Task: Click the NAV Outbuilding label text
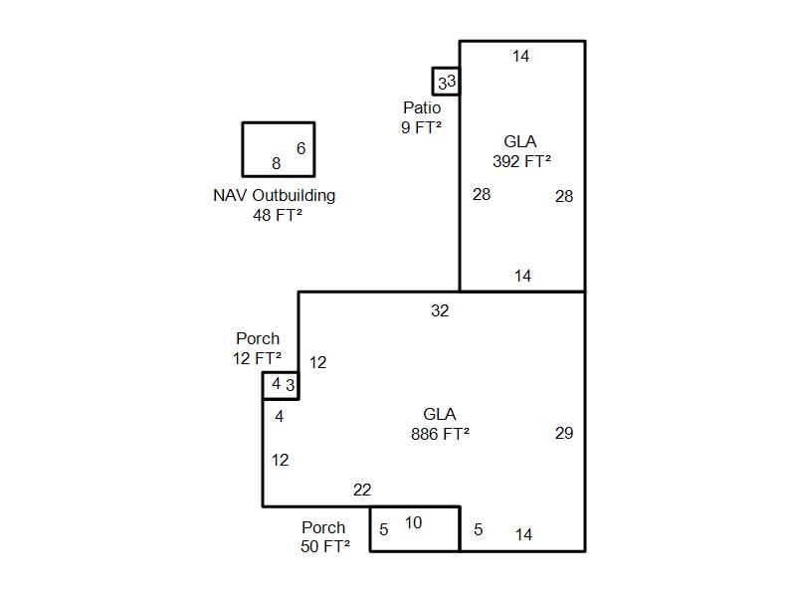tap(274, 195)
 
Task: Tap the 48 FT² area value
tap(278, 214)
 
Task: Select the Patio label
tap(422, 107)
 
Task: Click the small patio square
tap(446, 82)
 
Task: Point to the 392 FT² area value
tap(521, 161)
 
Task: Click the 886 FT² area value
tap(440, 434)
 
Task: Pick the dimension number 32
tap(440, 310)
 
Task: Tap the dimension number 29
tap(564, 433)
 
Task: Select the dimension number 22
tap(362, 490)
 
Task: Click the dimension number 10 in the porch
tap(413, 522)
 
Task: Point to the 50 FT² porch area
tap(325, 546)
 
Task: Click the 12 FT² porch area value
tap(257, 358)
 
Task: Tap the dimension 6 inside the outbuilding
tap(300, 148)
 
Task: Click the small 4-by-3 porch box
tap(281, 385)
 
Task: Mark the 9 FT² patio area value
tap(422, 126)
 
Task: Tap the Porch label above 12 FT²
tap(258, 339)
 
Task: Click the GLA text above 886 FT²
tap(440, 414)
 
